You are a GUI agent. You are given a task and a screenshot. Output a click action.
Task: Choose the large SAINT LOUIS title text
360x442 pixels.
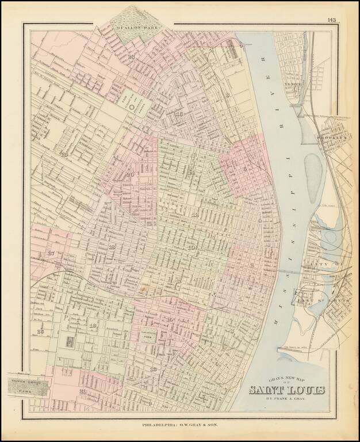coord(286,390)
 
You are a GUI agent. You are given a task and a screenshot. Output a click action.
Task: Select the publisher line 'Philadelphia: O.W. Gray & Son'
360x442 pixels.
coord(179,425)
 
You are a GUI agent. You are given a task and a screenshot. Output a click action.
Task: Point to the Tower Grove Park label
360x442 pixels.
coord(25,386)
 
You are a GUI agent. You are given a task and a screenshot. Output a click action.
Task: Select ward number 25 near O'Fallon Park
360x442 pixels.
coord(132,56)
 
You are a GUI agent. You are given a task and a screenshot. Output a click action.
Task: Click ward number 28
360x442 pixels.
coord(64,154)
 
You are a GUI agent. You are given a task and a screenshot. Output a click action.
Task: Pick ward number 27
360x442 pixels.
coord(51,253)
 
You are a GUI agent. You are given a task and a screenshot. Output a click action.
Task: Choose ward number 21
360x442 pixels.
coord(83,391)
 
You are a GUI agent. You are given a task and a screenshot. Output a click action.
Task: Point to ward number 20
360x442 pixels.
coord(130,174)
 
